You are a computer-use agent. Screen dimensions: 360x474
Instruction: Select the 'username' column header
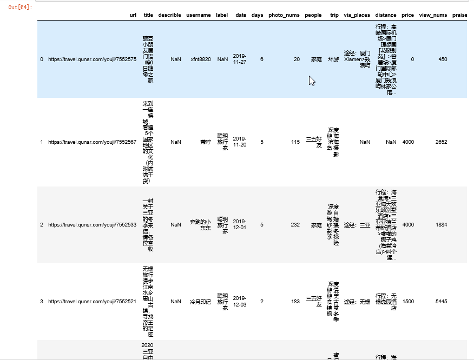pyautogui.click(x=198, y=15)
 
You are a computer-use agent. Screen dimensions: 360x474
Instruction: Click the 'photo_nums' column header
pyautogui.click(x=284, y=15)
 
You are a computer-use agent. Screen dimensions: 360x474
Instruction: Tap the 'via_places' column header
pyautogui.click(x=357, y=15)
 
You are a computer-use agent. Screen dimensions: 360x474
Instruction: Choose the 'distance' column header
pyautogui.click(x=386, y=15)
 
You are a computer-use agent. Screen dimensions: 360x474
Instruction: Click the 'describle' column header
pyautogui.click(x=169, y=15)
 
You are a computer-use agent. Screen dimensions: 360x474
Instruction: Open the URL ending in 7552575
pyautogui.click(x=92, y=59)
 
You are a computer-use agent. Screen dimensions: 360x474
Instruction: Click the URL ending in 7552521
pyautogui.click(x=92, y=301)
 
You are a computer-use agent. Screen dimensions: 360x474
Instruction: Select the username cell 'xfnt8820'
pyautogui.click(x=201, y=59)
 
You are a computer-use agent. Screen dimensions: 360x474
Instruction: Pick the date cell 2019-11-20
pyautogui.click(x=240, y=142)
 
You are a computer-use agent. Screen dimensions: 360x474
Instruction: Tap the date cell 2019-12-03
pyautogui.click(x=240, y=301)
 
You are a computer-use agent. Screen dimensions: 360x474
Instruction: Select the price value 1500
pyautogui.click(x=408, y=301)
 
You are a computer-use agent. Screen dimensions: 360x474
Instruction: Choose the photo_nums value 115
pyautogui.click(x=295, y=142)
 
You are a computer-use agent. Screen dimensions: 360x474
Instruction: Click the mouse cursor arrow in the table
pyautogui.click(x=312, y=81)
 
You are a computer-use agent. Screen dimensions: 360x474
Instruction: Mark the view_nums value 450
pyautogui.click(x=443, y=59)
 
